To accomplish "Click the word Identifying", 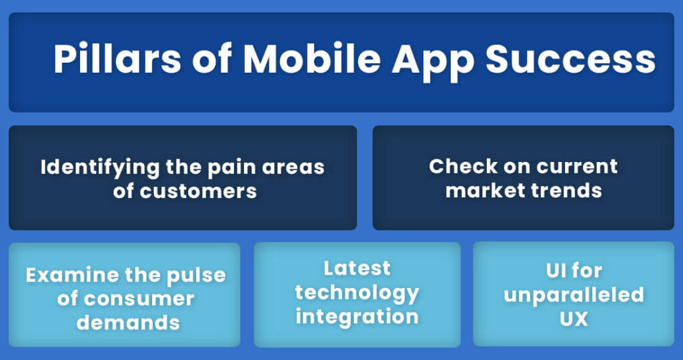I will coord(101,167).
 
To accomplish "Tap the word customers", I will coord(198,191).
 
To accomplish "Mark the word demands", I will coord(128,323).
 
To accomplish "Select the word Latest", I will coord(357,268).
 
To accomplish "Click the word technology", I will coord(357,292).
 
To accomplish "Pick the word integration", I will coord(357,316).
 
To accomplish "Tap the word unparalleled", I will coord(574,295).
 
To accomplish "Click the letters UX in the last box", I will coord(574,319).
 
